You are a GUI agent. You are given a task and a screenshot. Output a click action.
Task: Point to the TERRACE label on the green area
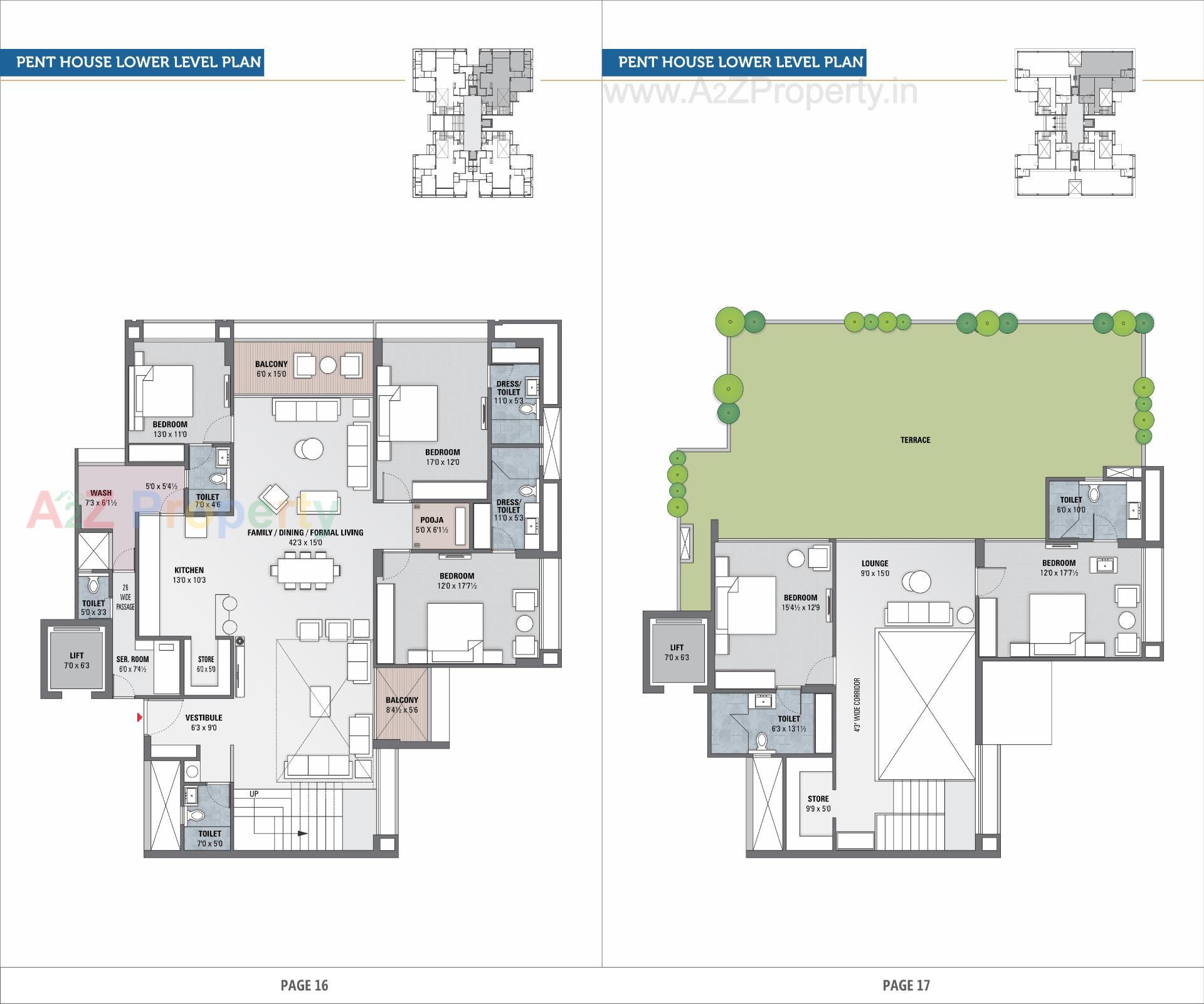pos(915,440)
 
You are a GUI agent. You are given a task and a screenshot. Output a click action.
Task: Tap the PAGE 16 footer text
pos(304,985)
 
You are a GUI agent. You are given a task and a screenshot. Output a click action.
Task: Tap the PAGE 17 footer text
pos(906,985)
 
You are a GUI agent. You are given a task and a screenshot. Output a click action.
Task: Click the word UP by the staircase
pos(254,794)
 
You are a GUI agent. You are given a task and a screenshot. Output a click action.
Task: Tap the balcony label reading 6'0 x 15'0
pos(271,369)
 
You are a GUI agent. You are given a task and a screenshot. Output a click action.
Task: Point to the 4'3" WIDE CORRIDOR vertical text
pos(857,704)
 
